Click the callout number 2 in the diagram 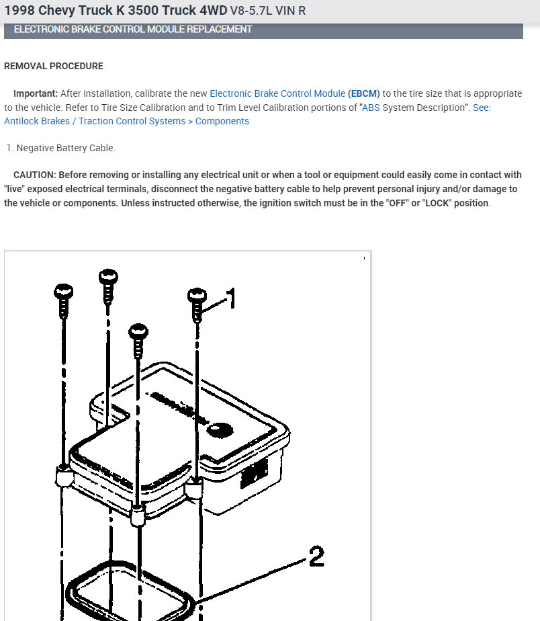(316, 556)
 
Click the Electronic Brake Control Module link (277, 93)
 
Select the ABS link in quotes (371, 108)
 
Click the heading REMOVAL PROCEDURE (54, 67)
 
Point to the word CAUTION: (35, 175)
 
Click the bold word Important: (36, 93)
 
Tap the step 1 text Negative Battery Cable (66, 148)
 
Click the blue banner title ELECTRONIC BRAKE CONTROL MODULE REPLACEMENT (133, 30)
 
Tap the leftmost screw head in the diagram (63, 291)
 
